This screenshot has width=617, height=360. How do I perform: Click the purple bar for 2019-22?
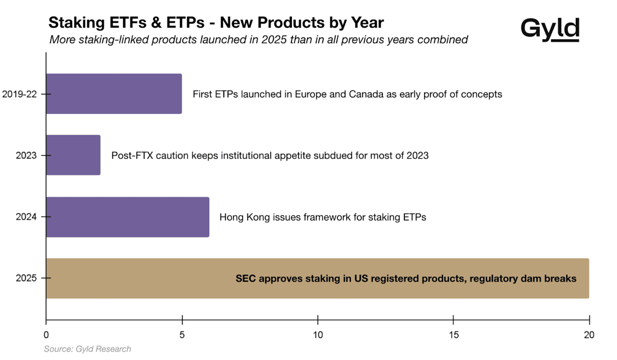coord(113,94)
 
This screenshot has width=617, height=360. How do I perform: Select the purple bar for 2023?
coord(73,155)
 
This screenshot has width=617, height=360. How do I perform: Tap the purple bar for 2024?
coord(127,217)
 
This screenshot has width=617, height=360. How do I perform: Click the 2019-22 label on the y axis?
coord(19,94)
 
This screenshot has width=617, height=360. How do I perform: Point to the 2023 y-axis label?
coord(26,155)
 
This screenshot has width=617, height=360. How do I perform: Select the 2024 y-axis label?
coord(26,217)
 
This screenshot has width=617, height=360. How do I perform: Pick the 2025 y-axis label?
coord(26,278)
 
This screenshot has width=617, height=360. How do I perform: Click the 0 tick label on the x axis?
coord(46,334)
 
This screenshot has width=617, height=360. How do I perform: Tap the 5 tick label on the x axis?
coord(182,334)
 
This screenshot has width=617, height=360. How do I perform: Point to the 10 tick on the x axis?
coord(318,334)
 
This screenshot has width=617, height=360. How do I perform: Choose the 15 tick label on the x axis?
coord(453,334)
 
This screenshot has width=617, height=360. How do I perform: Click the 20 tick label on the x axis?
coord(589,334)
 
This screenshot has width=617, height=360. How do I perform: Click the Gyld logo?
coord(550,28)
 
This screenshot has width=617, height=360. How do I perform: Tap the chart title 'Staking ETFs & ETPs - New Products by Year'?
coord(216,23)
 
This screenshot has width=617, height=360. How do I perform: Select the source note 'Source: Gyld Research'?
coord(88,349)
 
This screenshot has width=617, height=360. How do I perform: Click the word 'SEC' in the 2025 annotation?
coord(246,278)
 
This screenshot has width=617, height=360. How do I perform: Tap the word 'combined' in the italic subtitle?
coord(444,40)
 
